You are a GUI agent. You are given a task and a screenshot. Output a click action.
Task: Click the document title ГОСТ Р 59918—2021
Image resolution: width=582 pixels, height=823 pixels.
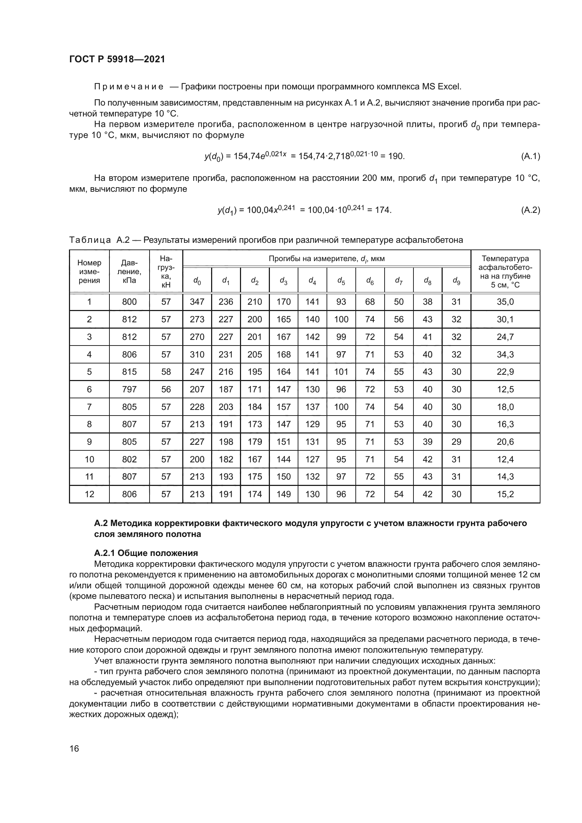pos(117,59)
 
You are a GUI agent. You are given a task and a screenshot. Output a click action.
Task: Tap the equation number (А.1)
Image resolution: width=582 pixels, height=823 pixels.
pos(530,156)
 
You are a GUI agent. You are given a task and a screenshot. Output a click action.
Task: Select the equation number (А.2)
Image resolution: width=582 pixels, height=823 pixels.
pos(530,210)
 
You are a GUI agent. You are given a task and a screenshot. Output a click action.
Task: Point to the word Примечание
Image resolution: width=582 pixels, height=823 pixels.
pos(129,87)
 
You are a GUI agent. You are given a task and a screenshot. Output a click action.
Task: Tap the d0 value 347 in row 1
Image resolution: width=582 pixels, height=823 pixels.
pos(197,302)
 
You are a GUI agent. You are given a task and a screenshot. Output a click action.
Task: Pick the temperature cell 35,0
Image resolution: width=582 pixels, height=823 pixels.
pos(505,302)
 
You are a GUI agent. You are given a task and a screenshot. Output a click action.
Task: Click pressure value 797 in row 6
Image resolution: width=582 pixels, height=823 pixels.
pos(129,389)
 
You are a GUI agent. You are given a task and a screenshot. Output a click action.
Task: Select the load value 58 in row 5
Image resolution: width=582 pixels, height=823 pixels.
pos(166,372)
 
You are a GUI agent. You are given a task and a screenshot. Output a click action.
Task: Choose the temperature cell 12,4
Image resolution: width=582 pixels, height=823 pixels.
pos(505,459)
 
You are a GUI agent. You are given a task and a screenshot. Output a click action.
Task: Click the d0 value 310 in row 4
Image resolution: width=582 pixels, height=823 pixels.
pos(197,355)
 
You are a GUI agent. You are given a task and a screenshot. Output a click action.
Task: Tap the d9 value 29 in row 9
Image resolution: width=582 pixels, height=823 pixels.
pos(456,442)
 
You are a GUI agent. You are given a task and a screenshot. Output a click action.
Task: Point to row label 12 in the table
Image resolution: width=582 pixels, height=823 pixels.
pos(89,494)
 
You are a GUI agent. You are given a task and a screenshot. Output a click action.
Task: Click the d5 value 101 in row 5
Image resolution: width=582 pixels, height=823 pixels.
pos(341,372)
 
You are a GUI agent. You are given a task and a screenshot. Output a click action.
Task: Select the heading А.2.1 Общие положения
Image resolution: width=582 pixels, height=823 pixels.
pos(146,553)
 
